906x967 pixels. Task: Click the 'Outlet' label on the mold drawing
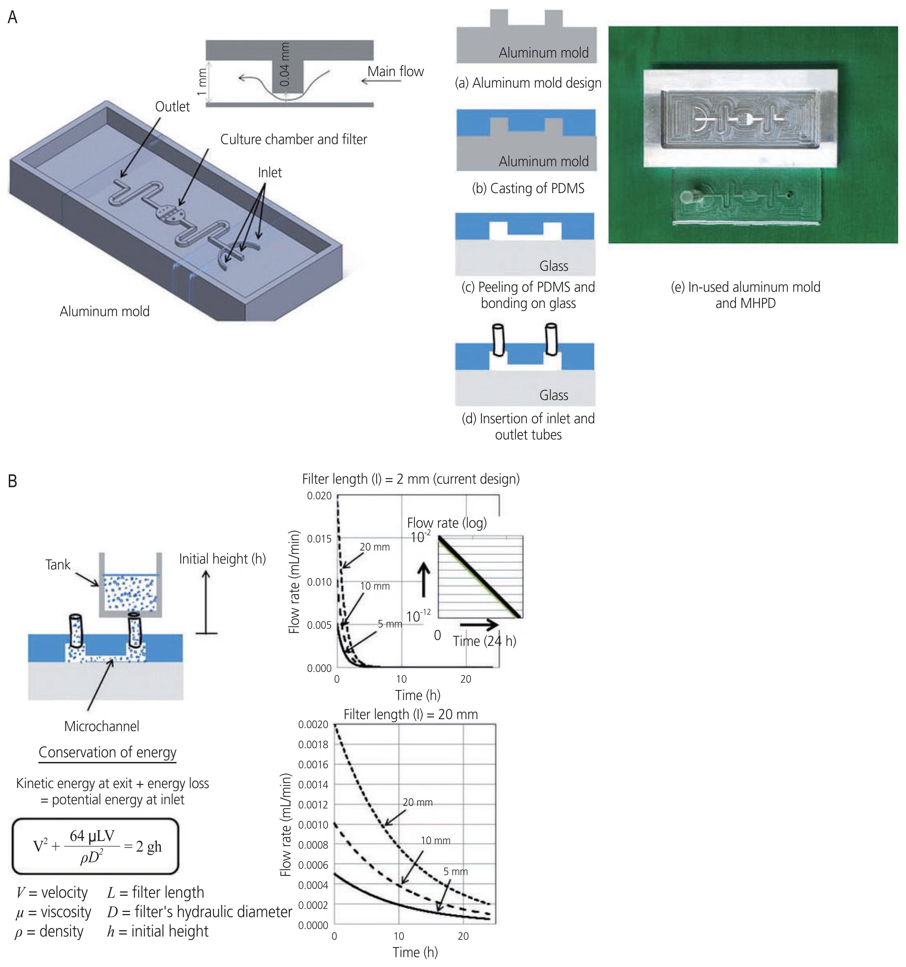coord(172,107)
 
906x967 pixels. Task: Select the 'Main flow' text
coord(395,72)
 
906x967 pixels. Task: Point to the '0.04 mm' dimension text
coord(285,64)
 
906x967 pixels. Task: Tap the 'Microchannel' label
coord(102,726)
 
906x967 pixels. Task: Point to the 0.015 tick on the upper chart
coord(319,539)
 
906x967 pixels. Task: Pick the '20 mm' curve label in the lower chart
coord(417,802)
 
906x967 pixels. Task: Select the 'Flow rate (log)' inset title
coord(446,523)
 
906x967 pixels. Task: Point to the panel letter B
coord(13,481)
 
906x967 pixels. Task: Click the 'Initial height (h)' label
coord(222,559)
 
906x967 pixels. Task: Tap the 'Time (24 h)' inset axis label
coord(484,641)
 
